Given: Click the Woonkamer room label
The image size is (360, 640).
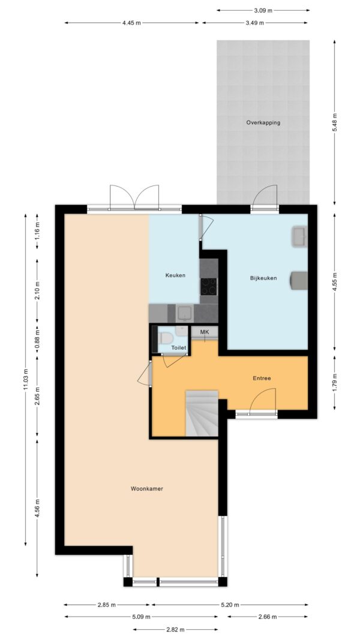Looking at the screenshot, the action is click(147, 488).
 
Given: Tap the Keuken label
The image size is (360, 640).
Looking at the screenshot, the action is click(175, 275).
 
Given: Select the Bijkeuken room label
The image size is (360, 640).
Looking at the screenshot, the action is click(263, 278).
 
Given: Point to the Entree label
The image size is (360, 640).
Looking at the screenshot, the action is click(262, 378).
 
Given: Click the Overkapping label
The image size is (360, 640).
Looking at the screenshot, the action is click(263, 122).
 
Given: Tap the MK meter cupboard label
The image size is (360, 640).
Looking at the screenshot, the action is click(205, 332).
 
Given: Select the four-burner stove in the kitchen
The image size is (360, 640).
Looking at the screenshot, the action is click(209, 286).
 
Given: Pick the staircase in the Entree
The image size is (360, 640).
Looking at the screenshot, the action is click(202, 413).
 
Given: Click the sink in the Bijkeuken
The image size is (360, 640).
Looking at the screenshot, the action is click(299, 237).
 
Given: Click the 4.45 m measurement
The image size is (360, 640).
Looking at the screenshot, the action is click(131, 23).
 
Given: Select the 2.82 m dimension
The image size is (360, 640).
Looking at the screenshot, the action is click(176, 629).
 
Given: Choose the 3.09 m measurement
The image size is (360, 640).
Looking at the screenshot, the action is click(262, 10).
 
